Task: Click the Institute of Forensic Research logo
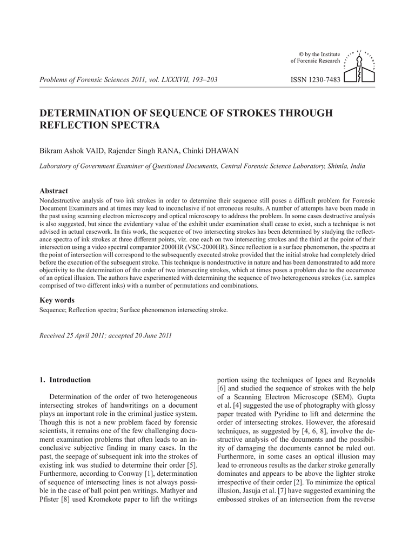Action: pos(360,67)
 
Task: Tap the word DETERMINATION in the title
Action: pos(90,113)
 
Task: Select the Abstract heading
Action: pos(54,191)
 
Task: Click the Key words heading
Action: pos(57,300)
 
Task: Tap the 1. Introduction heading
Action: pos(65,380)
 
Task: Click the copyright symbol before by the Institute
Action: pos(302,55)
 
